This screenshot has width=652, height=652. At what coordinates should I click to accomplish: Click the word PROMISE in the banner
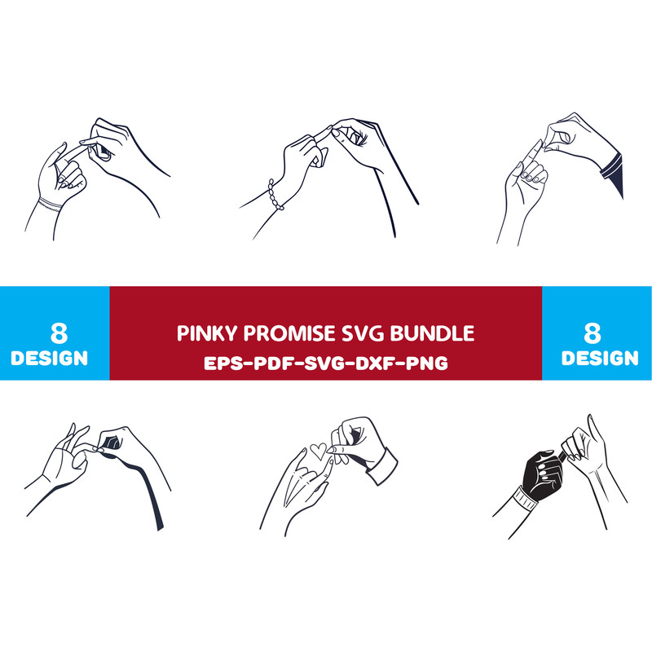(x=289, y=333)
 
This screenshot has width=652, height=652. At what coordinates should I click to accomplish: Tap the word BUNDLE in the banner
(x=432, y=333)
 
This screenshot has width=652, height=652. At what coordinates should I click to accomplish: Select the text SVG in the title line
(x=362, y=333)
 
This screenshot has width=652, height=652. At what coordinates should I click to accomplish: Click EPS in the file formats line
(x=222, y=363)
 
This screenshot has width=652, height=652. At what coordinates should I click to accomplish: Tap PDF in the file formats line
(x=273, y=363)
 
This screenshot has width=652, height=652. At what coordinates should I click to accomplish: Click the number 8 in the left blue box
(x=59, y=333)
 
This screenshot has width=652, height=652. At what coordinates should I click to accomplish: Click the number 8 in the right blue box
(x=593, y=333)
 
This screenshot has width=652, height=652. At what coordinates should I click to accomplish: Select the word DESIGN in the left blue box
(x=50, y=358)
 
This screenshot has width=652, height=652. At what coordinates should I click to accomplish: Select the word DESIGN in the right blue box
(x=600, y=358)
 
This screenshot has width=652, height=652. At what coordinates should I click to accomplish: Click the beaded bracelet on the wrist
(x=275, y=196)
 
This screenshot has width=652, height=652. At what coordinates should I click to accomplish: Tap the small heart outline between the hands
(x=319, y=452)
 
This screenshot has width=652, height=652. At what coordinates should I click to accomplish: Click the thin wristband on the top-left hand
(x=51, y=205)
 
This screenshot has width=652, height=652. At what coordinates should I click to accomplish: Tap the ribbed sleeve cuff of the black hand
(x=526, y=498)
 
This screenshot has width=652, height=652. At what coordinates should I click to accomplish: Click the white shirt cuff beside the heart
(x=381, y=465)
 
